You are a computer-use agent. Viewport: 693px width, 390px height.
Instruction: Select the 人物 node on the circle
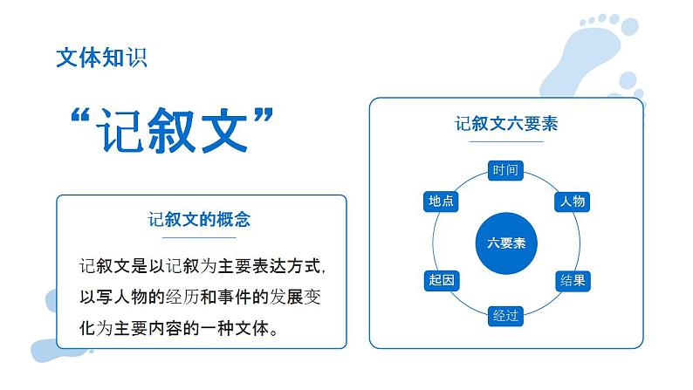click(573, 202)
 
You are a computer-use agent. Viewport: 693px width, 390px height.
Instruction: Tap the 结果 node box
click(573, 281)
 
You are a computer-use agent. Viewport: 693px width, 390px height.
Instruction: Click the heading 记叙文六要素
click(506, 124)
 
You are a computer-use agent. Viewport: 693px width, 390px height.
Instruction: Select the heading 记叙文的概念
click(200, 219)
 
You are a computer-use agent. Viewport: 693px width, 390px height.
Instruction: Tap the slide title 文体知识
click(101, 58)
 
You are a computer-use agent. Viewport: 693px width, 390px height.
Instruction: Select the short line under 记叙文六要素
click(506, 141)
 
